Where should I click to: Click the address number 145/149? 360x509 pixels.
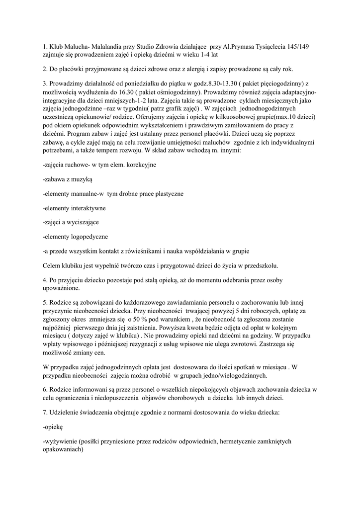point(295,46)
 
